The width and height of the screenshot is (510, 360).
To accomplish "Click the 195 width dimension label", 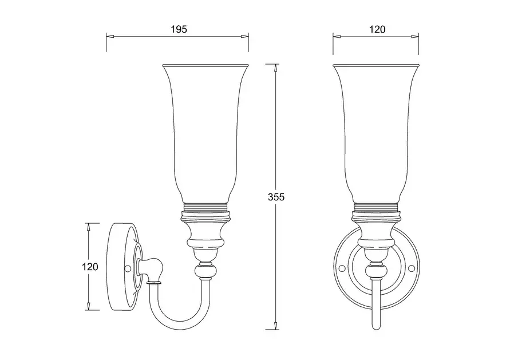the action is tap(179, 29).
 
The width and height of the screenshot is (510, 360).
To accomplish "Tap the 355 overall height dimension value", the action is tap(276, 197).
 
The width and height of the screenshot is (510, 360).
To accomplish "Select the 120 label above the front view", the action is tap(377, 29).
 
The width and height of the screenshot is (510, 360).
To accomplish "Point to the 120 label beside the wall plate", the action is tap(90, 267).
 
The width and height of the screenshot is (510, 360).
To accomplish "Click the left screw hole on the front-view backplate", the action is tap(341, 268).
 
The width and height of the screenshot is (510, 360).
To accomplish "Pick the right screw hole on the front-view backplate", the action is tap(412, 268).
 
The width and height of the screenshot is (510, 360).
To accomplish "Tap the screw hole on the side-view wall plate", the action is tap(128, 268).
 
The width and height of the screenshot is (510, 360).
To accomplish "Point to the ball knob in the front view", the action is tap(376, 271).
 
